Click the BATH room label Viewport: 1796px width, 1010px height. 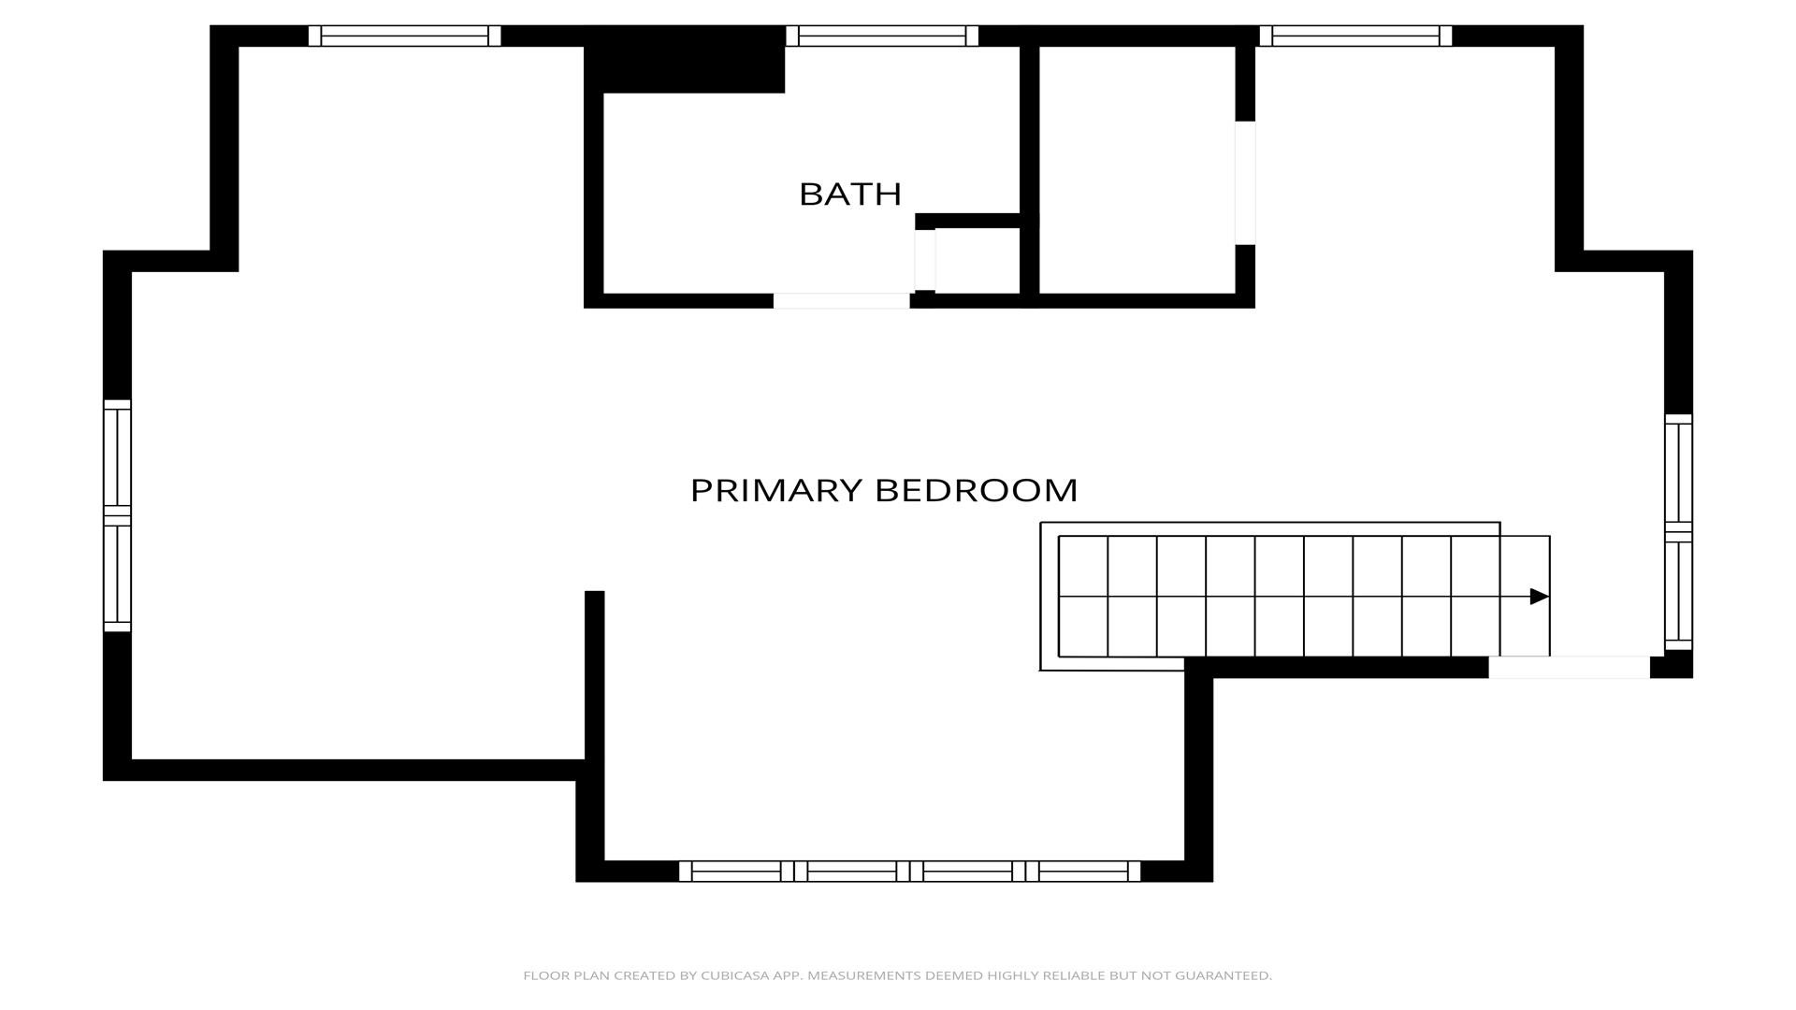849,194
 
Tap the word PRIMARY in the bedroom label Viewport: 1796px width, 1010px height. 776,490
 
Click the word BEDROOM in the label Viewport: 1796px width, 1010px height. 977,490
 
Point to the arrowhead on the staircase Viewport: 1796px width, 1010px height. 1539,597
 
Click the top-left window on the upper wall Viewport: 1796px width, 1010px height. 404,36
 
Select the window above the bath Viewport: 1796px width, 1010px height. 882,36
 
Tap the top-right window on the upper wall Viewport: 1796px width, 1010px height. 1355,36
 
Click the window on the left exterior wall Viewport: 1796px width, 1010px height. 117,515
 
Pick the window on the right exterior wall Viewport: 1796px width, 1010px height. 1679,532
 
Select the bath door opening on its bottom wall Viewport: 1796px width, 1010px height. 841,301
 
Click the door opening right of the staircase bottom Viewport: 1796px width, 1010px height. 1569,668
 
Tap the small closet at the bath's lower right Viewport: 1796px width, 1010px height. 977,261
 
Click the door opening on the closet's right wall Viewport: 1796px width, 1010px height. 1245,182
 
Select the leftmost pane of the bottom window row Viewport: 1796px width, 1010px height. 736,872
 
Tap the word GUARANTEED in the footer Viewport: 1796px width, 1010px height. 1224,975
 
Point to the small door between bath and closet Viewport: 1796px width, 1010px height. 925,260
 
